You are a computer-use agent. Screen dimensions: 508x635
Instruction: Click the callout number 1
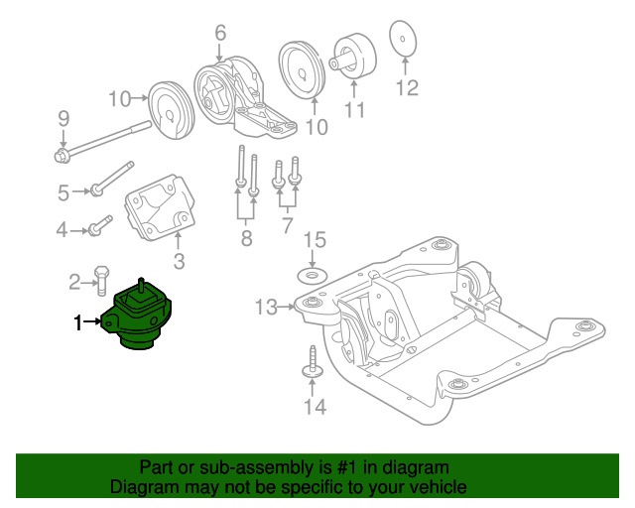point(76,321)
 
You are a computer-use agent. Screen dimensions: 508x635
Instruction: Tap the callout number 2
point(74,283)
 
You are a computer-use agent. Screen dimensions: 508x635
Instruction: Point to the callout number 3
point(179,262)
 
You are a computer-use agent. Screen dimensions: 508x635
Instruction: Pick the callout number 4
point(62,230)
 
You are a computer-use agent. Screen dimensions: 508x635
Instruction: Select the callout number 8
point(246,238)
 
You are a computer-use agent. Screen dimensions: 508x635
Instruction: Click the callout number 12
point(408,88)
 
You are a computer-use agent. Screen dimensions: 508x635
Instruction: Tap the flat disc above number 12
point(403,41)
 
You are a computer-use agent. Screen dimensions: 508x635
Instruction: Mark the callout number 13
point(266,308)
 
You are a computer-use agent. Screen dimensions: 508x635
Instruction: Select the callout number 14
point(314,406)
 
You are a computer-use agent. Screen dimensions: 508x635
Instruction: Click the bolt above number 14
point(312,363)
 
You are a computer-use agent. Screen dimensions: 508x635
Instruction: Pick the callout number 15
point(314,239)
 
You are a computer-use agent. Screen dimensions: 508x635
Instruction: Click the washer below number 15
point(314,273)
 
